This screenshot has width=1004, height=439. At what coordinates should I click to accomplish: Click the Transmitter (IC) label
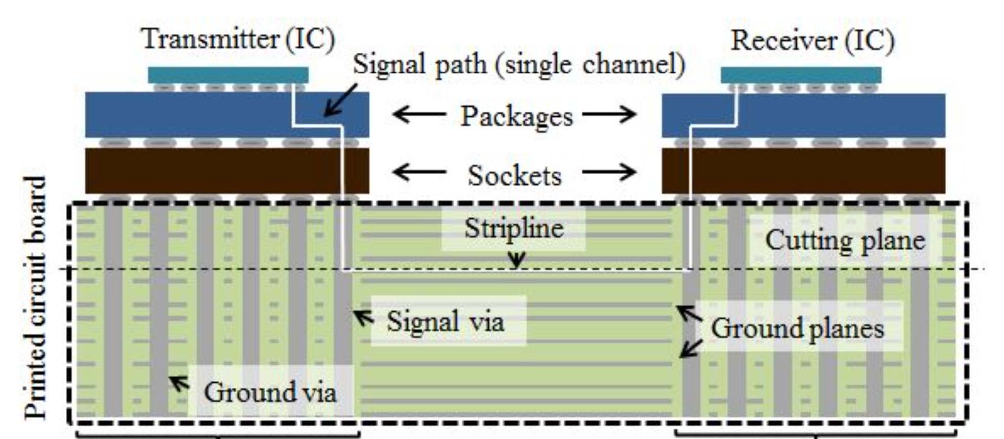238,39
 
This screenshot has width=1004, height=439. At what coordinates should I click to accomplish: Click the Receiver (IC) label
812,41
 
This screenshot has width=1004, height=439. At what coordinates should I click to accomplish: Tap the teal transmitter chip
228,75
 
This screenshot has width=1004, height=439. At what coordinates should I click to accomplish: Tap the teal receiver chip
801,75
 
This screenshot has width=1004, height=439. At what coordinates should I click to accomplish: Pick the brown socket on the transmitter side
227,171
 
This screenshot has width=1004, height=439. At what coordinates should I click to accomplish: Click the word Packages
516,116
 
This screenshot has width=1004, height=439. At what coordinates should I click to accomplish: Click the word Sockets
514,176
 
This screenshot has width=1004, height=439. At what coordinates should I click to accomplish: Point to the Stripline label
514,228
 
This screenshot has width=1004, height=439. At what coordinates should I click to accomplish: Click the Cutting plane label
845,240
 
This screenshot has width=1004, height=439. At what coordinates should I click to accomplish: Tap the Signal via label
445,321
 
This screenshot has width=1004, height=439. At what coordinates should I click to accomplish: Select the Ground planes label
797,328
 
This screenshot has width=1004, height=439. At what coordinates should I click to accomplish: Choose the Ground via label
270,392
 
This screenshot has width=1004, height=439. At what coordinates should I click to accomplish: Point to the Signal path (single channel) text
519,64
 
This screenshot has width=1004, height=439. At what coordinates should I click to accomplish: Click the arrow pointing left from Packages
419,114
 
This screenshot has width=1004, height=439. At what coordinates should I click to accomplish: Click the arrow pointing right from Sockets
609,173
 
